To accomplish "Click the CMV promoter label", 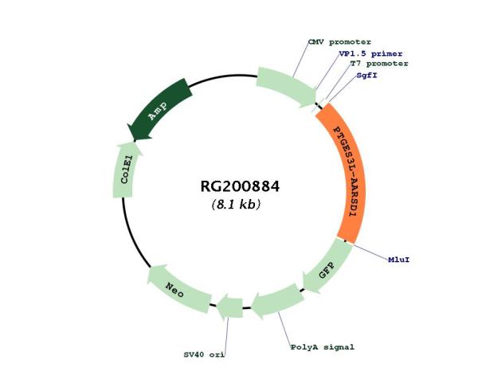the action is coord(339,41).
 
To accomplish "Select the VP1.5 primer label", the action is coord(370,53).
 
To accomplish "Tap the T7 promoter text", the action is coord(379,64).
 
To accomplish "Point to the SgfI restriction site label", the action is coord(367,75).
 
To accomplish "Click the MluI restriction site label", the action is coord(399,260).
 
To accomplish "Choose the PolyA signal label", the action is coord(322,347).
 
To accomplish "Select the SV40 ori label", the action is coord(204,354).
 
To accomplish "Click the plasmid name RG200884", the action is coord(240,186).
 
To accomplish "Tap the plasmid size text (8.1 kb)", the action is coord(237,204).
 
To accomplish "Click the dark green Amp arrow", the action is coord(159,111).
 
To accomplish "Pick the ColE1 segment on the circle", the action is coord(127,170).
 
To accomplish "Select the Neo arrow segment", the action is coord(178,290).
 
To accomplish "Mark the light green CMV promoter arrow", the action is coord(287,87).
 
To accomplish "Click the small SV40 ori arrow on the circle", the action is coord(230,307).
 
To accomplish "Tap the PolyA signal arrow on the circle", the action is coord(277,301).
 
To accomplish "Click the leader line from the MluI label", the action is coord(370,252).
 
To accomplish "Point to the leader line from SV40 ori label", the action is coord(226,334).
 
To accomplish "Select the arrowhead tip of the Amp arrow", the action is coord(134,142).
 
